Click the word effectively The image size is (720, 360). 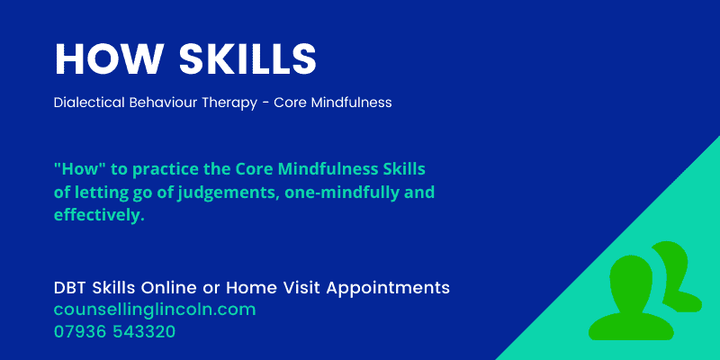click(99, 215)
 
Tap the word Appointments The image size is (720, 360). click(387, 288)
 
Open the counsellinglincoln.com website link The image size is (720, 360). click(155, 310)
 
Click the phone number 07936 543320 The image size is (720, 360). click(114, 331)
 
